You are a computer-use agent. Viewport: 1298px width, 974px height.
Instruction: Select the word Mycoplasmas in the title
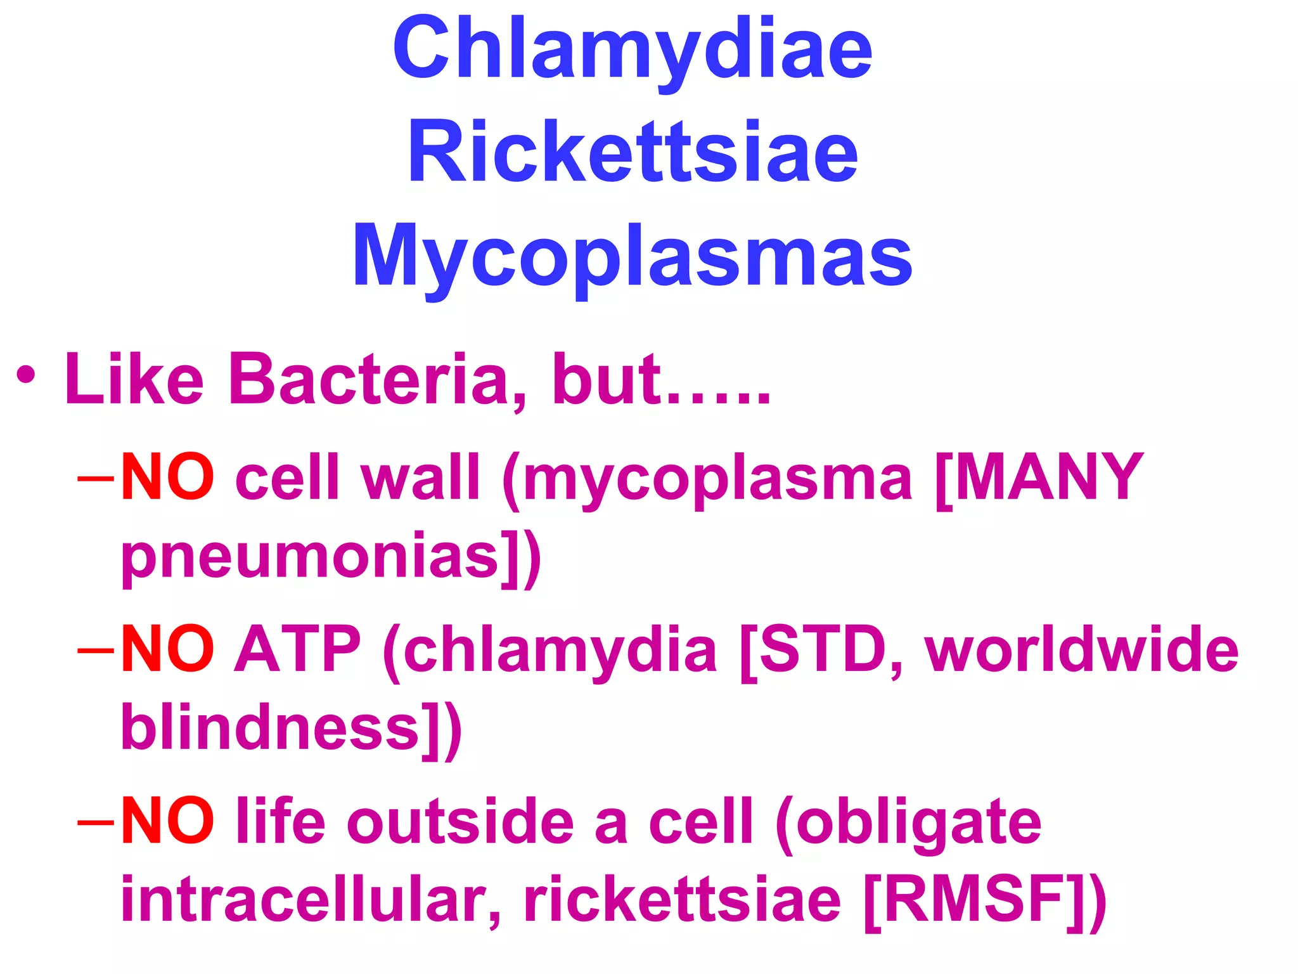click(x=633, y=257)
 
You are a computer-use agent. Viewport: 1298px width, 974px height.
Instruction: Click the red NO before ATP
click(x=167, y=649)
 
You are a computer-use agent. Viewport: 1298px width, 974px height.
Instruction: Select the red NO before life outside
click(x=167, y=822)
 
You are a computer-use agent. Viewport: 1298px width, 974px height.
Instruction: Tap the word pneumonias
click(x=311, y=558)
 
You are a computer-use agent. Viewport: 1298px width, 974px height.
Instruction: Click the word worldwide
click(x=1081, y=649)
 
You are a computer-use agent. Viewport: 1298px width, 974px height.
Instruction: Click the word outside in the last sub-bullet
click(x=460, y=822)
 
